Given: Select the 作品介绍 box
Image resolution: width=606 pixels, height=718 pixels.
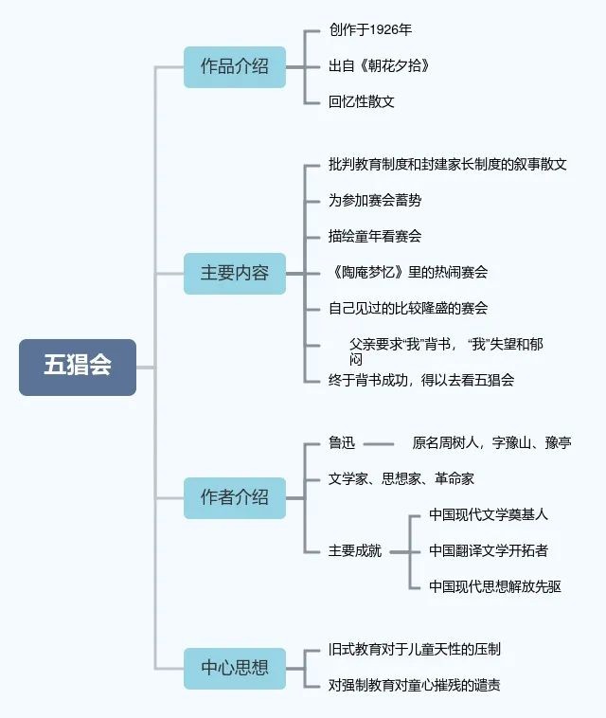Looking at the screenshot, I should click(234, 66).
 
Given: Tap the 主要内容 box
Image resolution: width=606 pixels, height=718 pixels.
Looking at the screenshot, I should click(234, 273).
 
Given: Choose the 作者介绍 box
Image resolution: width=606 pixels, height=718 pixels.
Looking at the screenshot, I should click(234, 497).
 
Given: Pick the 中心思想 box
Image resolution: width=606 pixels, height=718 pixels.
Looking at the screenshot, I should click(234, 668).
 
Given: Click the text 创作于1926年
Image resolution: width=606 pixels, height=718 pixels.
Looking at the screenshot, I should click(365, 30).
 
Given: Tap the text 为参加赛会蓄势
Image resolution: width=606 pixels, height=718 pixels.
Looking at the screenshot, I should click(375, 201).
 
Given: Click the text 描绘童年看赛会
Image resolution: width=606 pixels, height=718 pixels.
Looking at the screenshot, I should click(375, 237).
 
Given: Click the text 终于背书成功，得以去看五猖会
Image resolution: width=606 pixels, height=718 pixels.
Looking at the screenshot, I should click(421, 380).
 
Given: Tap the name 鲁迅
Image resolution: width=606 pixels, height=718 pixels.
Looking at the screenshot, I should click(342, 442).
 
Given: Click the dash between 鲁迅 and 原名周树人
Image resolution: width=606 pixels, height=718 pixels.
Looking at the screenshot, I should click(379, 442).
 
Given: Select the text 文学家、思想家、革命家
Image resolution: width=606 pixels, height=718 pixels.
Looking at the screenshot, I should click(401, 478).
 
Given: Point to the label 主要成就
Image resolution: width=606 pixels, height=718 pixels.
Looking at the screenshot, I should click(355, 550).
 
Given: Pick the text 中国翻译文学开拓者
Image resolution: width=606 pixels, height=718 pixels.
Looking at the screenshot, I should click(488, 550).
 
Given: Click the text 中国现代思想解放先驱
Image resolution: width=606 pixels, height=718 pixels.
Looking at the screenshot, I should click(494, 586).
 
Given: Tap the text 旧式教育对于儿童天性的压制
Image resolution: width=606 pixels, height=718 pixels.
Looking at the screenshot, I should click(415, 650).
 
